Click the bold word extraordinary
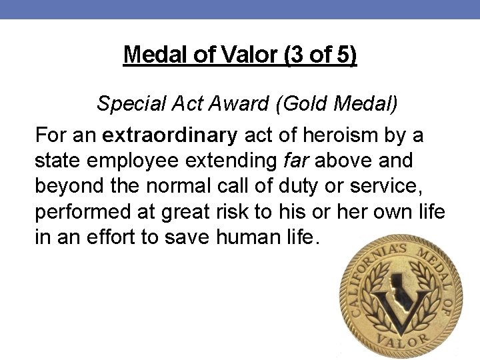pos(169,136)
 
